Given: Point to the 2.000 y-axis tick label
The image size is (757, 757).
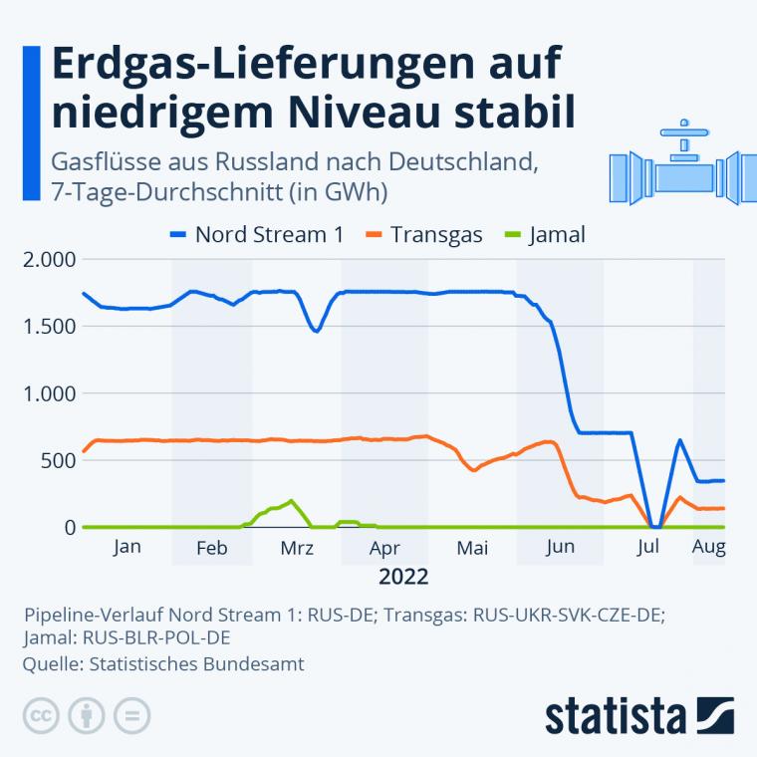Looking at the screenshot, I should tap(49, 260).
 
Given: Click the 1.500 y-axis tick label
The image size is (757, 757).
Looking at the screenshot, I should tap(49, 327).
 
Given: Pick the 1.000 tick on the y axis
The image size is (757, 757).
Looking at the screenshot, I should tap(49, 393).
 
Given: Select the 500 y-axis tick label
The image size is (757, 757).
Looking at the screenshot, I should tap(59, 460).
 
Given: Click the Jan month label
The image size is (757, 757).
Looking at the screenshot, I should tap(127, 547).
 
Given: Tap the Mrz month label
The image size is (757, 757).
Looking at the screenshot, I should tap(297, 547).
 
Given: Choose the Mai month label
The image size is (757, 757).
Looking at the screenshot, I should tap(472, 547).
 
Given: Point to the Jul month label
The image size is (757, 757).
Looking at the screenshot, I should tap(649, 547).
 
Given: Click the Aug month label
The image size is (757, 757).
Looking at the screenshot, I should tap(708, 547).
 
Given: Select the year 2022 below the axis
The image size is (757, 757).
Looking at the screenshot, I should tap(403, 577).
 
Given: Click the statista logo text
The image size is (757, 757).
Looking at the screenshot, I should tap(617, 716).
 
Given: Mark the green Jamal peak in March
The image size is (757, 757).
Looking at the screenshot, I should tap(291, 501).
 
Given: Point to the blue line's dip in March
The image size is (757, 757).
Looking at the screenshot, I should tap(316, 330).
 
